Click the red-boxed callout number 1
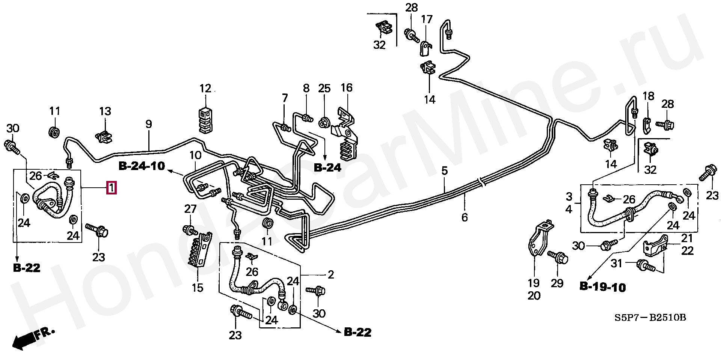click(x=112, y=187)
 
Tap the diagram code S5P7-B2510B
click(x=650, y=318)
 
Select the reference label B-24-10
click(x=142, y=166)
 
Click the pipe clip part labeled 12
click(x=205, y=120)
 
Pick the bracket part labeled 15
click(x=199, y=250)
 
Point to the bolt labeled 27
click(x=190, y=230)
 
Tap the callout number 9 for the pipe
click(x=149, y=124)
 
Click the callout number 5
click(x=445, y=171)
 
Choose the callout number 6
click(x=465, y=217)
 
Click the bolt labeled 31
click(x=645, y=266)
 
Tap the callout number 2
click(x=330, y=275)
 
